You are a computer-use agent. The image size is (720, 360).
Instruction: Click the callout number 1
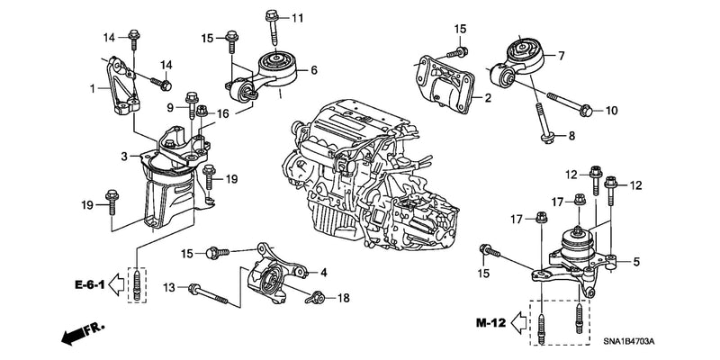(92, 88)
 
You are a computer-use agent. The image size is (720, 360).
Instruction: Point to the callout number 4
(323, 272)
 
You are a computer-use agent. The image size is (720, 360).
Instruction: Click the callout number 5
(635, 262)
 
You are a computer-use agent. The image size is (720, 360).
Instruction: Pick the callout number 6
(313, 69)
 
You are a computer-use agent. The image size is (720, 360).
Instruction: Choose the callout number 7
(561, 56)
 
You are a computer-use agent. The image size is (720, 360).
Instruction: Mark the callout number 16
(222, 114)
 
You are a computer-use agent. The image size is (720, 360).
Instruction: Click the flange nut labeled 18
(316, 296)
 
